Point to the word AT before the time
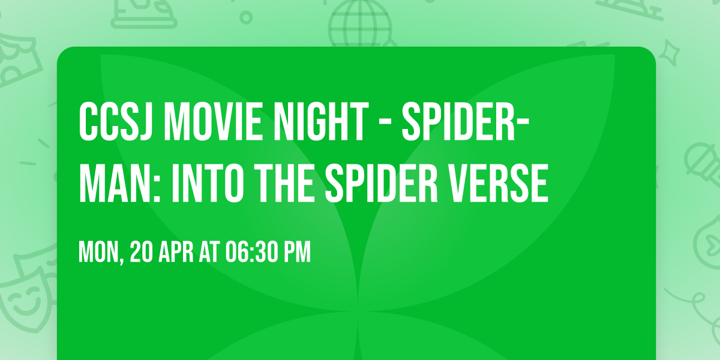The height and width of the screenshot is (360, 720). click(x=211, y=252)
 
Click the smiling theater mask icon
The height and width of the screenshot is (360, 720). click(x=21, y=300)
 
